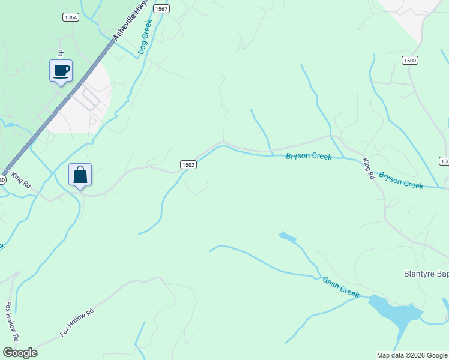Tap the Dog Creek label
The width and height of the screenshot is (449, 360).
145,37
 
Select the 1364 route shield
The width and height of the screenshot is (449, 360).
70,17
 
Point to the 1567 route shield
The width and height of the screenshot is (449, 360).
161,8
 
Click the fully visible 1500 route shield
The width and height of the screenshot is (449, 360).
410,61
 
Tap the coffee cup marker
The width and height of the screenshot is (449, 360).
61,71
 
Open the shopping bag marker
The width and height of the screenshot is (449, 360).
80,175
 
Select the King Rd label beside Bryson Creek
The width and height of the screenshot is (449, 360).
369,169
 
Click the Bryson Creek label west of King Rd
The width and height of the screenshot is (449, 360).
309,157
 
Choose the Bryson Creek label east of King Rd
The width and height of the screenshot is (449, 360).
401,181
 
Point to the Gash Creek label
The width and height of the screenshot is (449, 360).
340,287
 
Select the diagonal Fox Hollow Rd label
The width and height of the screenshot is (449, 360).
77,322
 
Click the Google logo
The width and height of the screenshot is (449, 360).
20,353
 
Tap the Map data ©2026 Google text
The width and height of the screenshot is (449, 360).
412,355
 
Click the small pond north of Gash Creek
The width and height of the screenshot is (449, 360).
287,238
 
